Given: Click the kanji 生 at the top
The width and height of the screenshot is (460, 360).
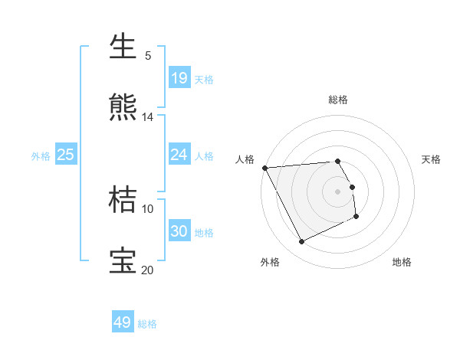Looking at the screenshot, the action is pos(123,47).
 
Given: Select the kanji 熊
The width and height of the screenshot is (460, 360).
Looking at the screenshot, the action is pos(123,108).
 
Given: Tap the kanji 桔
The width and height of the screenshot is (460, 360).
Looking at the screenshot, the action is pos(123,200).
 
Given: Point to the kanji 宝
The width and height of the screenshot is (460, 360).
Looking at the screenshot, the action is pos(123,260).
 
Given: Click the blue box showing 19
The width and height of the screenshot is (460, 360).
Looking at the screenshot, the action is pos(179,78).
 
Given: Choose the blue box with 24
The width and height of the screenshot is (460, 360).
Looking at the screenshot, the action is pos(179,155).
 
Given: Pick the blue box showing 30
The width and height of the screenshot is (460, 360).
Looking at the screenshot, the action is pos(179,231).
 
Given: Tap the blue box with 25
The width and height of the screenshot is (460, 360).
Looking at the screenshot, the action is pos(66,155).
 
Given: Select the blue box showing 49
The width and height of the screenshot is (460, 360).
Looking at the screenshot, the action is pos(123,322).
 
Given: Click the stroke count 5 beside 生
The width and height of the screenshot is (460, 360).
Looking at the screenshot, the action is pos(148,56).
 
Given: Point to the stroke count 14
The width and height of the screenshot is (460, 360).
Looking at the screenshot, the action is pos(148,117).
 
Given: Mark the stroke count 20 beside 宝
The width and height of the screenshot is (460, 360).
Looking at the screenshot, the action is pos(147,270).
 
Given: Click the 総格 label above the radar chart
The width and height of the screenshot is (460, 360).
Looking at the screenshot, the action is pos(338,100).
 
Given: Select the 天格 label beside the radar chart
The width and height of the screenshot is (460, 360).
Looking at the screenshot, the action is pos(432,159).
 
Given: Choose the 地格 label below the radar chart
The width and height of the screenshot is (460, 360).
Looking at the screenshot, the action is pos(402,262).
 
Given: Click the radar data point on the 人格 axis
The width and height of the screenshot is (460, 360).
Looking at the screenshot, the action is pos(264,168).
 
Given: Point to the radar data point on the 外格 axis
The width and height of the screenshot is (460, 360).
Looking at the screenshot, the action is pos(301,242).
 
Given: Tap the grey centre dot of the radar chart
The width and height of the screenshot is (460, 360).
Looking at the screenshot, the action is pos(338,191).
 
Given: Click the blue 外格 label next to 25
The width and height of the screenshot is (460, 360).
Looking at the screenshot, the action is pos(41,155).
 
